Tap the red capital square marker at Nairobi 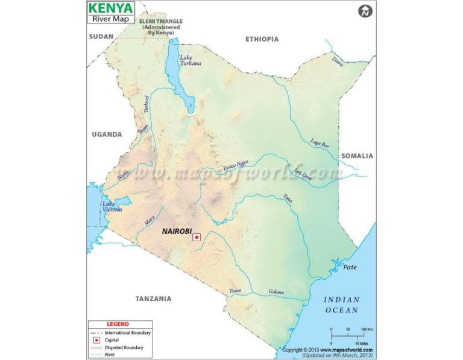pos(197,238)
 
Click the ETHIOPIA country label pos(262,39)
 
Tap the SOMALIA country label pos(357,156)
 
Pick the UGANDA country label pos(106,134)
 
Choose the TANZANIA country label pos(153,298)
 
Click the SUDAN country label pos(101,37)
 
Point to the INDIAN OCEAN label pos(341,305)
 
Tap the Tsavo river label pos(235,291)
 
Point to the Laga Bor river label pos(320,144)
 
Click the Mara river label pos(150,221)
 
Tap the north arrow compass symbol pos(364,11)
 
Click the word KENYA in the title pos(111,8)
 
